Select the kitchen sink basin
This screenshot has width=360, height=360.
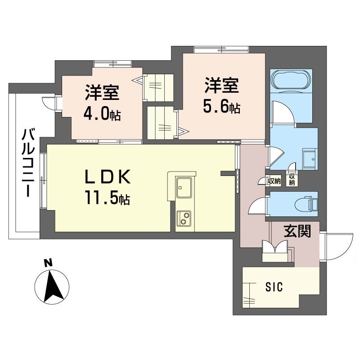[184, 187]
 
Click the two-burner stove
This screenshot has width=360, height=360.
[184, 218]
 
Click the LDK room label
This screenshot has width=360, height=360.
[108, 176]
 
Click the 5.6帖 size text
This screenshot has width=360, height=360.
[222, 107]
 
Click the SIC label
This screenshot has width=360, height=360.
[274, 287]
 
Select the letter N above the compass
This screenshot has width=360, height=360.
[48, 263]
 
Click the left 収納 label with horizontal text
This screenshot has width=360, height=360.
[274, 181]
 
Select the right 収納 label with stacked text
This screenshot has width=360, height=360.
[292, 179]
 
